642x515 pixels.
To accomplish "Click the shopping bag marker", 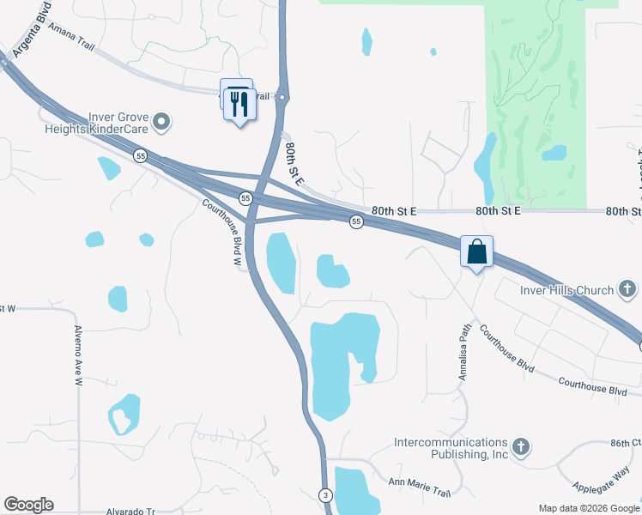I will [476, 252].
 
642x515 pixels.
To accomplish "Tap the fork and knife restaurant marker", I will [239, 105].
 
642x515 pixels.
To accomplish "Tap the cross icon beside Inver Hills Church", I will [628, 289].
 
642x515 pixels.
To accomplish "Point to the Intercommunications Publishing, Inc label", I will [451, 448].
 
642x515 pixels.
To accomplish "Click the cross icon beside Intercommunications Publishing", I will [520, 446].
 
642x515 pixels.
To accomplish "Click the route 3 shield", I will [325, 495].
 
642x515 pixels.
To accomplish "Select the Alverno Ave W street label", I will [77, 356].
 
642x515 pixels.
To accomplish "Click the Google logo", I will [28, 505].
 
